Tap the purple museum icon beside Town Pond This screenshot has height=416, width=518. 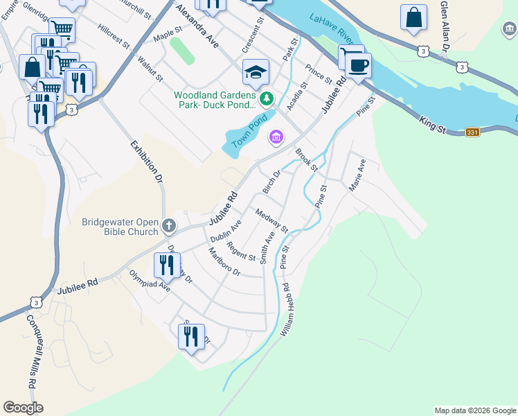tap(276, 139)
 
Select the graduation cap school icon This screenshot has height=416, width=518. tap(255, 72)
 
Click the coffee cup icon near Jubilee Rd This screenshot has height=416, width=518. tap(358, 67)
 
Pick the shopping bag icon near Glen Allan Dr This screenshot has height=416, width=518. tap(413, 19)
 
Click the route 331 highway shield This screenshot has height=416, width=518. tap(472, 132)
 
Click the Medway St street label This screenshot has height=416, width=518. tap(271, 220)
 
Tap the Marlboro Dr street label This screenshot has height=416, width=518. tap(224, 265)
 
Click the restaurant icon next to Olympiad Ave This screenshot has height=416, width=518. tap(167, 264)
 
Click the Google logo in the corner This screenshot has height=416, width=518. tap(23, 408)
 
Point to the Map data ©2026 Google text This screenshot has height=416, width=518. tap(475, 410)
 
